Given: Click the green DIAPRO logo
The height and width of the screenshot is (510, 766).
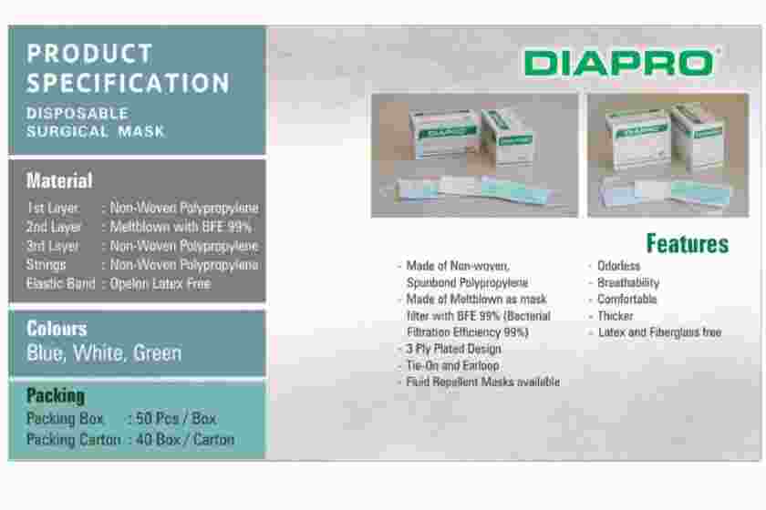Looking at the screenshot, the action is tap(619, 63).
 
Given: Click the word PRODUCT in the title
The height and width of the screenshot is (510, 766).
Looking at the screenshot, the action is tap(90, 54).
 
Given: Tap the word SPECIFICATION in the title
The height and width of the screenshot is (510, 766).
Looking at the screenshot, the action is tap(128, 83).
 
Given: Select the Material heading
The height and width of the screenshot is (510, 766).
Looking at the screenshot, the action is tap(59, 180).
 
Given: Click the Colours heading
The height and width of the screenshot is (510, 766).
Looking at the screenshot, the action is tap(57, 329).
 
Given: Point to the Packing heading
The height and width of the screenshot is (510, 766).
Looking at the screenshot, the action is tap(56, 395).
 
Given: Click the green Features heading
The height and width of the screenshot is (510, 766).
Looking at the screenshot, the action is tap(688, 243).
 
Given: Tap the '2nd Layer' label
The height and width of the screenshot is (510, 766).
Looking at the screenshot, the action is tap(54, 227).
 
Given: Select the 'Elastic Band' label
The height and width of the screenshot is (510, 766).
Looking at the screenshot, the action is tap(60, 283).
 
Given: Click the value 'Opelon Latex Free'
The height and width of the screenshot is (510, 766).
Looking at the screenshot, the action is tap(160, 283).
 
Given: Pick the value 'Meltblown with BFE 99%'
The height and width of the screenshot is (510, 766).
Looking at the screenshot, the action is tap(181, 227).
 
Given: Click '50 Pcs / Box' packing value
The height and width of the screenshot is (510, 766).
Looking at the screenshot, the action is tap(176, 418).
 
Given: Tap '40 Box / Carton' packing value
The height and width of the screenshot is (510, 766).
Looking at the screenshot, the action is tap(185, 440).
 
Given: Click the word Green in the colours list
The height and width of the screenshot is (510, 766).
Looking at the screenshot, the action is tap(157, 352).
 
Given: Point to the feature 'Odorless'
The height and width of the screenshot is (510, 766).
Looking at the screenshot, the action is tap(618, 266).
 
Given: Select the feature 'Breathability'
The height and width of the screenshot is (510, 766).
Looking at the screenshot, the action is tap(628, 282).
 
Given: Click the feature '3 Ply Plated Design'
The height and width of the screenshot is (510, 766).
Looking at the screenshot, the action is tap(454, 349).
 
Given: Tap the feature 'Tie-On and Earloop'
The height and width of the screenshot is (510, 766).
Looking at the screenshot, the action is tap(453, 365).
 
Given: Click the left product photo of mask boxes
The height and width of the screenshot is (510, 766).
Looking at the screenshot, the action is tap(474, 155).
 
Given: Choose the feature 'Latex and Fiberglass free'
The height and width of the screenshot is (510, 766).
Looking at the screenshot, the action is tap(659, 332).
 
